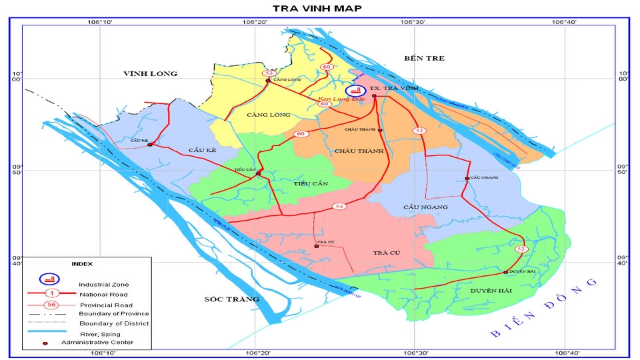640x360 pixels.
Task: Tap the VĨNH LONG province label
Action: click(150, 73)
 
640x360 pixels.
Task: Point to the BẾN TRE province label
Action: click(424, 59)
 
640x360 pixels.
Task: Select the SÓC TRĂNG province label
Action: click(231, 299)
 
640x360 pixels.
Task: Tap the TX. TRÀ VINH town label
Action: click(389, 88)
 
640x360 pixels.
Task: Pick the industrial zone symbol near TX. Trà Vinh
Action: click(355, 90)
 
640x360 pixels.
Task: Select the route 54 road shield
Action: click(339, 207)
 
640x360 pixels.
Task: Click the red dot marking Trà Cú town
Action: click(317, 246)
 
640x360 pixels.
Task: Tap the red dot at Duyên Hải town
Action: click(505, 272)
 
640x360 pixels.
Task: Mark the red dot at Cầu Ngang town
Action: click(467, 178)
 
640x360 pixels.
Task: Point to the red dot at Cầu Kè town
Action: click(150, 145)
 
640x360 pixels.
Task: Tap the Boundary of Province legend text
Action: click(113, 313)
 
